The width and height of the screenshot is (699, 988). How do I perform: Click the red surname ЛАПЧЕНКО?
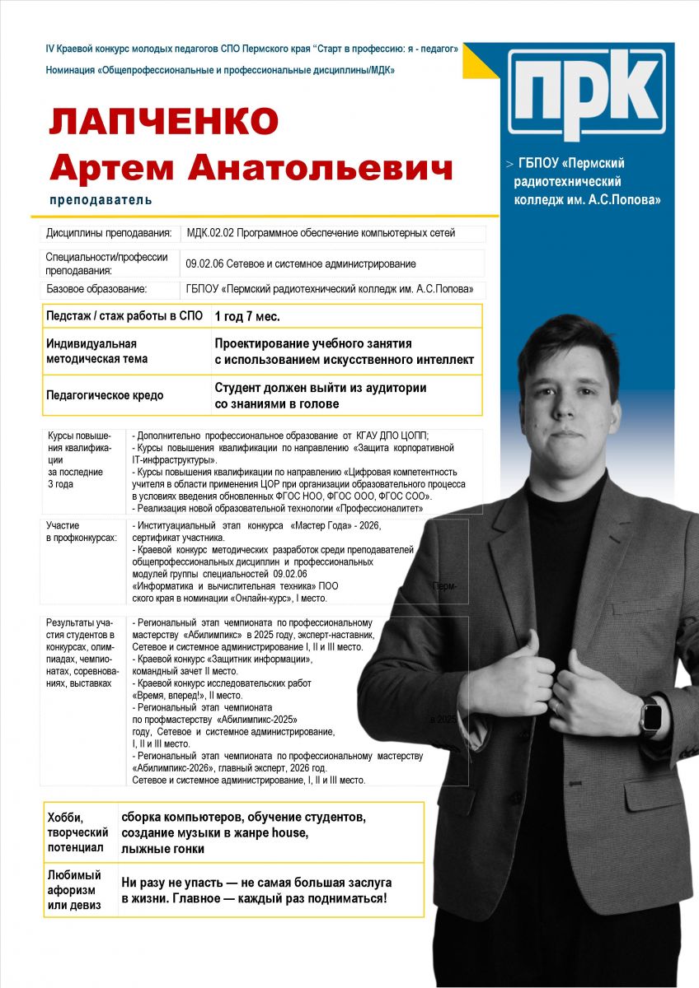click(163, 122)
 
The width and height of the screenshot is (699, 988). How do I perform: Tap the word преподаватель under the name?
click(101, 200)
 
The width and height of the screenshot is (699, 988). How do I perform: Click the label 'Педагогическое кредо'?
click(105, 395)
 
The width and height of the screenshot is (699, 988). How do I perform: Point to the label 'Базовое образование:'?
click(96, 289)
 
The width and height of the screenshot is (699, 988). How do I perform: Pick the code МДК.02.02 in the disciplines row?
click(210, 233)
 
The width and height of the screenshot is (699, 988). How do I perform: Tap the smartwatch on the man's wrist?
click(651, 715)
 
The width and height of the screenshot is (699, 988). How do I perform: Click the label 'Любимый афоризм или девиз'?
click(75, 890)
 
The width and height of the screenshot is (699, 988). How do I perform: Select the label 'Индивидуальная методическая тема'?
click(97, 352)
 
